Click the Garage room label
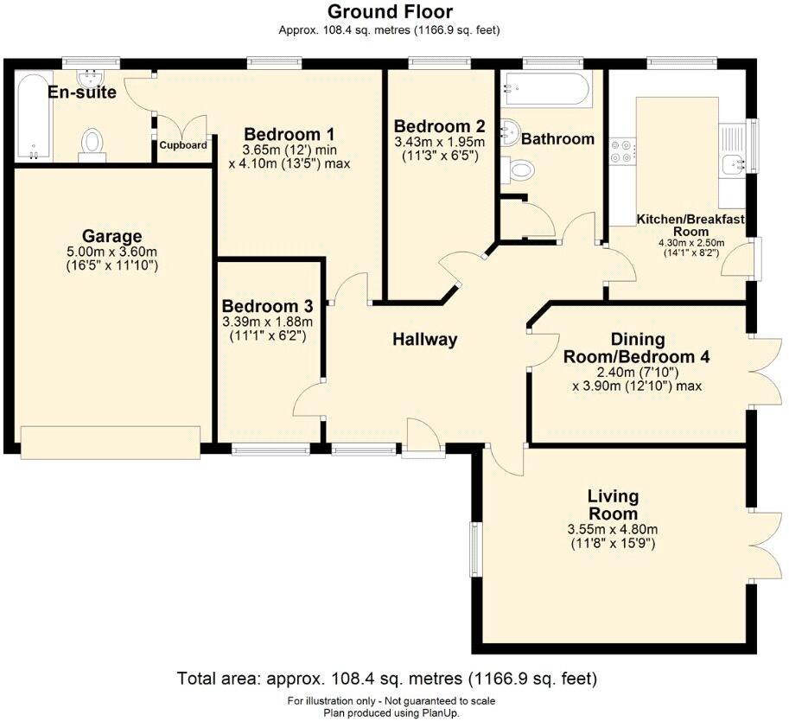pyautogui.click(x=111, y=236)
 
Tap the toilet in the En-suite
pyautogui.click(x=92, y=144)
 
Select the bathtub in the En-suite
pyautogui.click(x=33, y=118)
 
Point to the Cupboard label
pyautogui.click(x=183, y=145)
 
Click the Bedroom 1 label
pyautogui.click(x=289, y=135)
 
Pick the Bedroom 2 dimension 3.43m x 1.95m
pyautogui.click(x=439, y=142)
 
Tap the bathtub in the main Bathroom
pyautogui.click(x=546, y=90)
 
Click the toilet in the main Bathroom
pyautogui.click(x=518, y=169)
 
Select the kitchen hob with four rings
pyautogui.click(x=621, y=151)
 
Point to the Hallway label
pyautogui.click(x=424, y=339)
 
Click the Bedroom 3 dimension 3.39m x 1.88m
pyautogui.click(x=268, y=322)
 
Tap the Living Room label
pyautogui.click(x=613, y=505)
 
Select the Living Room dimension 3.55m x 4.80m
pyautogui.click(x=613, y=529)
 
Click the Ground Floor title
pyautogui.click(x=390, y=11)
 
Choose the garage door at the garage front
pyautogui.click(x=111, y=442)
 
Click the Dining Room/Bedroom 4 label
pyautogui.click(x=637, y=348)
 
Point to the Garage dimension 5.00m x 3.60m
pyautogui.click(x=111, y=252)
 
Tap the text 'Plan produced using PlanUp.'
pyautogui.click(x=391, y=713)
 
